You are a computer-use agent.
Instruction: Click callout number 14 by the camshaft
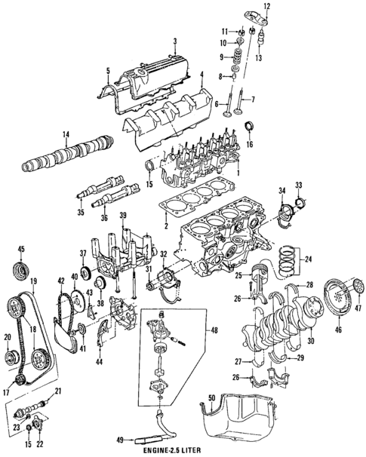(x=66, y=136)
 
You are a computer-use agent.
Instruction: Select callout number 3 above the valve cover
(x=174, y=41)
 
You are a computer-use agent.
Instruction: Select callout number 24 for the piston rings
(x=307, y=262)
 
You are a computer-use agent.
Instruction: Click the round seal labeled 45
(x=21, y=271)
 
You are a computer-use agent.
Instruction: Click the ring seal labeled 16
(x=250, y=126)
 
